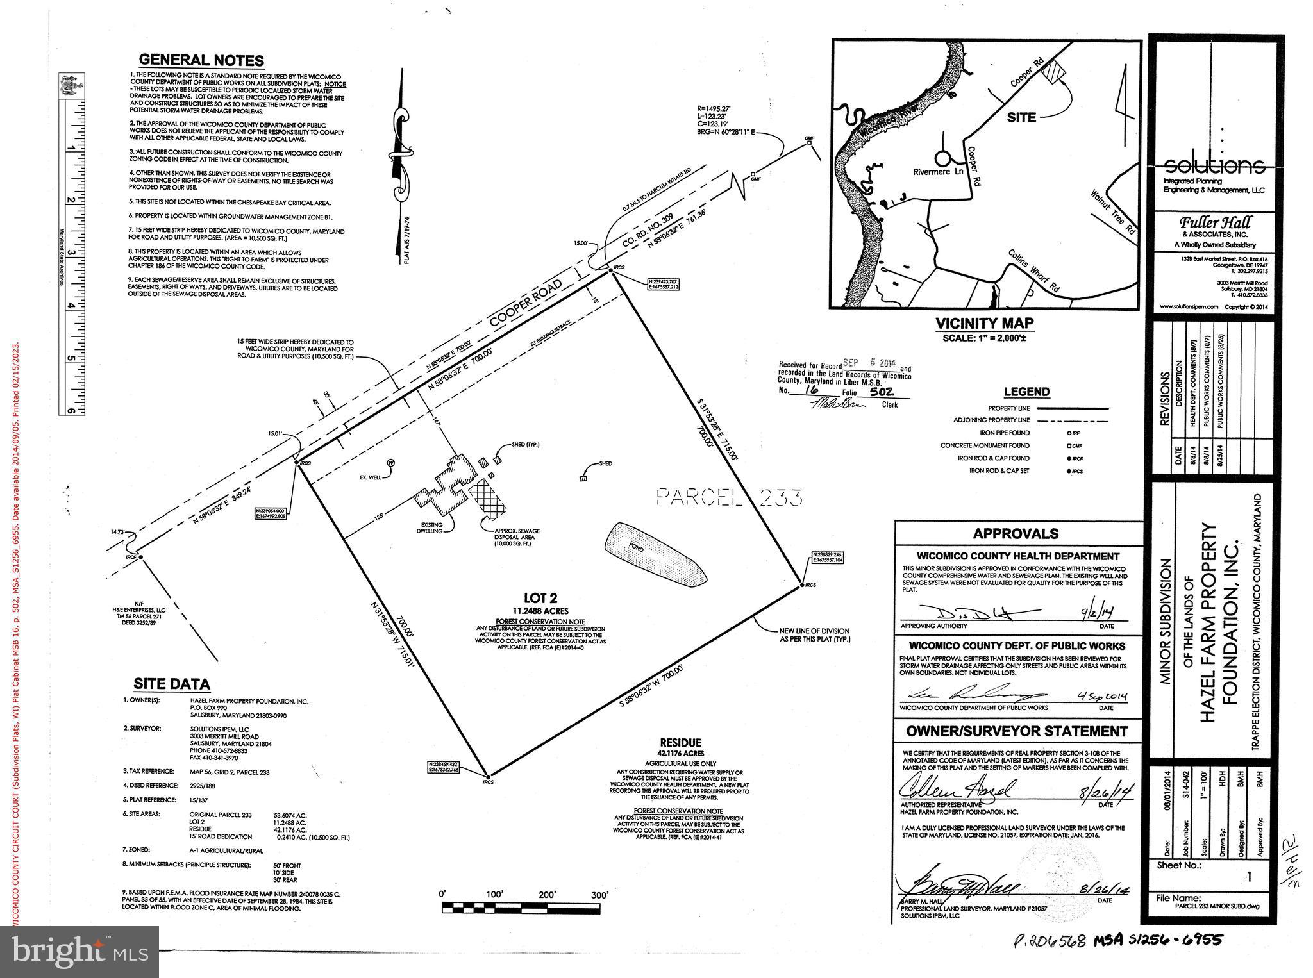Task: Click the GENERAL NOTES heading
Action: [x=201, y=60]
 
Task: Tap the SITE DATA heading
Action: [x=171, y=684]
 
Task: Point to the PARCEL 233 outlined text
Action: [x=730, y=497]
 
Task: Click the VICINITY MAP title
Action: [x=984, y=324]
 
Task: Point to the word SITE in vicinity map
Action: [x=1021, y=118]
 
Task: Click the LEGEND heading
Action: [x=1026, y=392]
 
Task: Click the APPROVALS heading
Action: [x=1016, y=534]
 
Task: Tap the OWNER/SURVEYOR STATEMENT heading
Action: [x=1017, y=731]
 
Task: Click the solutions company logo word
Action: [x=1214, y=166]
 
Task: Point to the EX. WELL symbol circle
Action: [x=390, y=462]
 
